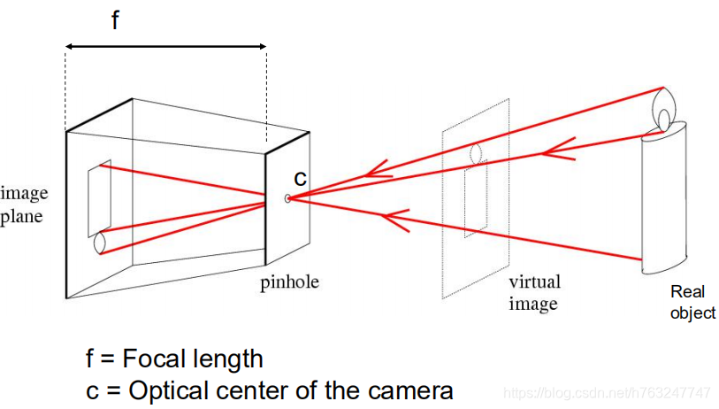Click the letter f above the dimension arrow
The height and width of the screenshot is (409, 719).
(116, 21)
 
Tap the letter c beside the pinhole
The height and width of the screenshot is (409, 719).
(301, 178)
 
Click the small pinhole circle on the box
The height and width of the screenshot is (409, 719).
(287, 198)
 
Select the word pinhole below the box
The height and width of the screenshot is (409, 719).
(289, 283)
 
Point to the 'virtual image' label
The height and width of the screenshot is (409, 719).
(533, 293)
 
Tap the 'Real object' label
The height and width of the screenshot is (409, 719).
(692, 302)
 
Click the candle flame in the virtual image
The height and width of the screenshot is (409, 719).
(477, 153)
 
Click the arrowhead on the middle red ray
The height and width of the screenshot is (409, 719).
(557, 151)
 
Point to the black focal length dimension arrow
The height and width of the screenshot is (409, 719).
(166, 46)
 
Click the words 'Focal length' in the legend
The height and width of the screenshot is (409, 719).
(193, 359)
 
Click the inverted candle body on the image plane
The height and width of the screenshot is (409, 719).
(98, 198)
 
